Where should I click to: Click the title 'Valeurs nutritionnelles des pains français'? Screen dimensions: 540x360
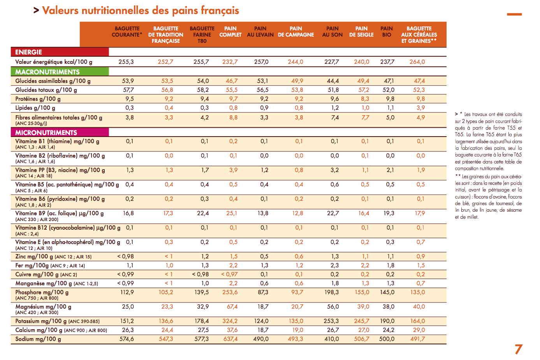coord(141,11)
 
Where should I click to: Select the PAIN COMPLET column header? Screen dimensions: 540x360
coord(230,32)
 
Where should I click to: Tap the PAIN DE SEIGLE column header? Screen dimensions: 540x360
coord(361,32)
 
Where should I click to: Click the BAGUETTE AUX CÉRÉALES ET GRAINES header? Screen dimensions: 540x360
coord(419,35)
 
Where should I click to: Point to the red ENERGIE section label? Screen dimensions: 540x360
coord(60,52)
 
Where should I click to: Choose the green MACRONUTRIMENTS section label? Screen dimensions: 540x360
coord(60,72)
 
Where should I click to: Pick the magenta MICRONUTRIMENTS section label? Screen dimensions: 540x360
coord(60,133)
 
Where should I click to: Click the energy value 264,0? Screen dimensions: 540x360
coord(417,62)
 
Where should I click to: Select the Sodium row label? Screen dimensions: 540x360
coord(38,339)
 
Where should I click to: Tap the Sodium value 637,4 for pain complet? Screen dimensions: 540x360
coord(230,339)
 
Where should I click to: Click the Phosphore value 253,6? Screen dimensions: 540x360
coord(230,292)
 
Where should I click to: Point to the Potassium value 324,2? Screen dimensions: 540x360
coord(230,321)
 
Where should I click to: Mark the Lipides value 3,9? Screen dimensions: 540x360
coord(420,108)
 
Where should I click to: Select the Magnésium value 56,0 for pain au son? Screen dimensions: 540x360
coord(332,307)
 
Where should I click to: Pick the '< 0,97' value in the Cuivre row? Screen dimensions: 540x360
coord(229,274)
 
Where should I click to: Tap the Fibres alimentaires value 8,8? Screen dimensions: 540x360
coord(233,118)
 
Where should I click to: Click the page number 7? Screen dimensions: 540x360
coord(518,349)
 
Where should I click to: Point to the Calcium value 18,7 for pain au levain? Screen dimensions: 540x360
coord(262,330)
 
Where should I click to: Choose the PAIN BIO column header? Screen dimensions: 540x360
coord(387,32)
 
